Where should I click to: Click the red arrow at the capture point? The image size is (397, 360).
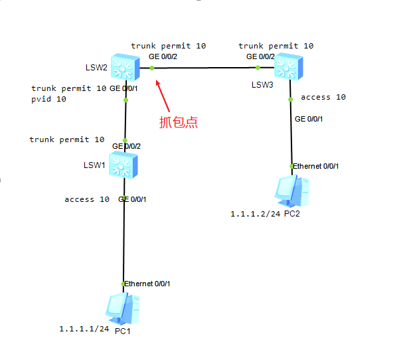[164, 96]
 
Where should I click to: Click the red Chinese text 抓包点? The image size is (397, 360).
[178, 122]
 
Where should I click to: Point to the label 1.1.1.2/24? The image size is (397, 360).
[254, 214]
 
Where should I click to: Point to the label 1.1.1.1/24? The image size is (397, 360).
[83, 329]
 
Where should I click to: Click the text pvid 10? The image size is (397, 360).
[48, 99]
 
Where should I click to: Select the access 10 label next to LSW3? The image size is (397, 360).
[323, 97]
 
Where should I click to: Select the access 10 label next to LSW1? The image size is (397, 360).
[87, 199]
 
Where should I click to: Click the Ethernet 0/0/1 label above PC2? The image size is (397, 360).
[316, 165]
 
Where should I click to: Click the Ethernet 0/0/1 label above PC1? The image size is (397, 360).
[147, 284]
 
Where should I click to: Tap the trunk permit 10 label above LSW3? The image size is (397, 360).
[276, 46]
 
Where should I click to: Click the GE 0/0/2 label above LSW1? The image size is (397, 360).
[126, 145]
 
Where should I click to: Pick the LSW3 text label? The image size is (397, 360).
[262, 85]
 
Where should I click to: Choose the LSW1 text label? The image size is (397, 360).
[94, 165]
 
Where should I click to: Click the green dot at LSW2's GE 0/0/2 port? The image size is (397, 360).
[151, 66]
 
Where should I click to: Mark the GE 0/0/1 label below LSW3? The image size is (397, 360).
[309, 119]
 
